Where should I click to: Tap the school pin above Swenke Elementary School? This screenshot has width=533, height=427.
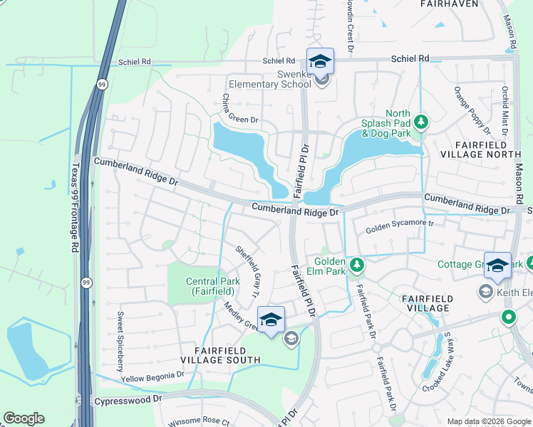[320, 60]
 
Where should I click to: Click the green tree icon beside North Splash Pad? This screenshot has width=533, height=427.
[422, 122]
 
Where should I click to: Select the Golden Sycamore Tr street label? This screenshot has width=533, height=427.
[400, 228]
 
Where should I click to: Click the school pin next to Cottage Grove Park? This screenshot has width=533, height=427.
[497, 265]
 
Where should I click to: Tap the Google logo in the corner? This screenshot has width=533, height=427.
[24, 418]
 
